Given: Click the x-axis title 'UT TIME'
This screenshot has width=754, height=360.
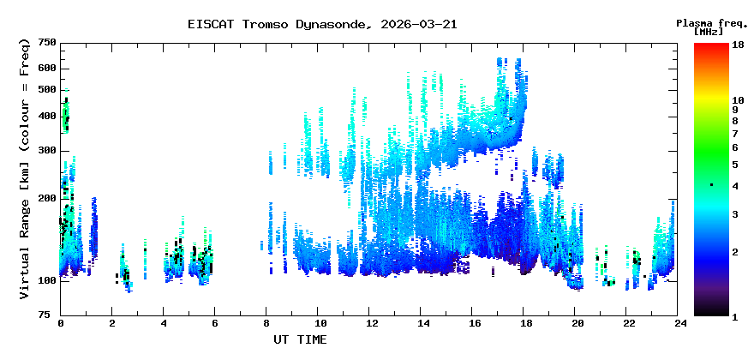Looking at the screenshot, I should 300,339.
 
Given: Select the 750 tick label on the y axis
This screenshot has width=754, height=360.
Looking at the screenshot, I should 46,43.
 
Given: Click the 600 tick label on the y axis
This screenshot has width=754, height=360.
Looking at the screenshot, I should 46,69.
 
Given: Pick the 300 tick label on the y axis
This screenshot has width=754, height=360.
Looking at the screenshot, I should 46,151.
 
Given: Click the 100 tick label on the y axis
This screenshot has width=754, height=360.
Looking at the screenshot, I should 46,281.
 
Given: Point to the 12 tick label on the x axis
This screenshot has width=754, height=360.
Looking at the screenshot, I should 371,324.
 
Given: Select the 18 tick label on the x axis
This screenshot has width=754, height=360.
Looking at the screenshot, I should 526,324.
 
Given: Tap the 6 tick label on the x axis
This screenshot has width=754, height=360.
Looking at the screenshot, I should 215,324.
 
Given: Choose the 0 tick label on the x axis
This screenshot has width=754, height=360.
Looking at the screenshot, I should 60,324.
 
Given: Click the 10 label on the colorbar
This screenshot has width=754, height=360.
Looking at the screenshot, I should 736,100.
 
